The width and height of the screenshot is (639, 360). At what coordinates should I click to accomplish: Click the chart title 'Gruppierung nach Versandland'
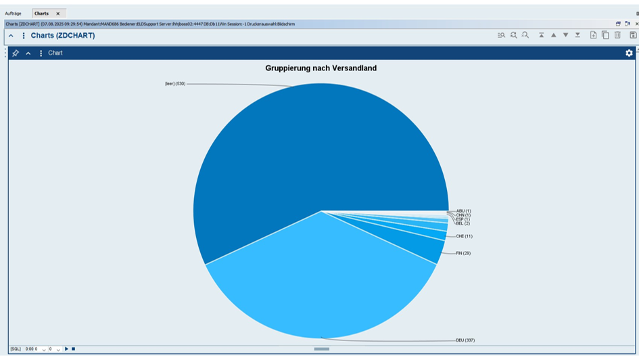(321, 68)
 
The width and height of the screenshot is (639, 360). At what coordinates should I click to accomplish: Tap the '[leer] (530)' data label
(175, 84)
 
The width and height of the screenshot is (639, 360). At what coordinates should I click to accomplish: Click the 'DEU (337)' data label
(465, 340)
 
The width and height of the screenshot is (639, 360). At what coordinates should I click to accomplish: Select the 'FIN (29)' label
(463, 253)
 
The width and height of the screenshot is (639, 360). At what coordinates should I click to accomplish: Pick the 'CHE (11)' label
(464, 236)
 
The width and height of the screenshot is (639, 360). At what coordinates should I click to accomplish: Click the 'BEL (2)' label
(463, 223)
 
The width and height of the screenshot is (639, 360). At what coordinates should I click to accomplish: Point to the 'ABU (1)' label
(463, 211)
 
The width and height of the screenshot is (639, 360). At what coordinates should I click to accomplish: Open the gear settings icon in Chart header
(629, 53)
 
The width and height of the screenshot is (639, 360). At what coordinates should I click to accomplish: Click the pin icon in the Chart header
(16, 53)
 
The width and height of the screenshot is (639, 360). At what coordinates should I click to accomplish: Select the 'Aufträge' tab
(14, 14)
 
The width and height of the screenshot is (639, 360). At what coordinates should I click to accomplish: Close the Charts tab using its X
(58, 14)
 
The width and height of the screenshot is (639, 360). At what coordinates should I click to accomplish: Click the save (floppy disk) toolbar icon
(633, 35)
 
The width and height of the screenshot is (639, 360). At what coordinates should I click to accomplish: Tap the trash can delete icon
(617, 35)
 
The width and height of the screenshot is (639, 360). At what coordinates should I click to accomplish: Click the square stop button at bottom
(73, 349)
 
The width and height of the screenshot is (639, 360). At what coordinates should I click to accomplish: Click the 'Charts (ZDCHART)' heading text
(63, 36)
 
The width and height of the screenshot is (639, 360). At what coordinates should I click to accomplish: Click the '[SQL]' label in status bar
(15, 349)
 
